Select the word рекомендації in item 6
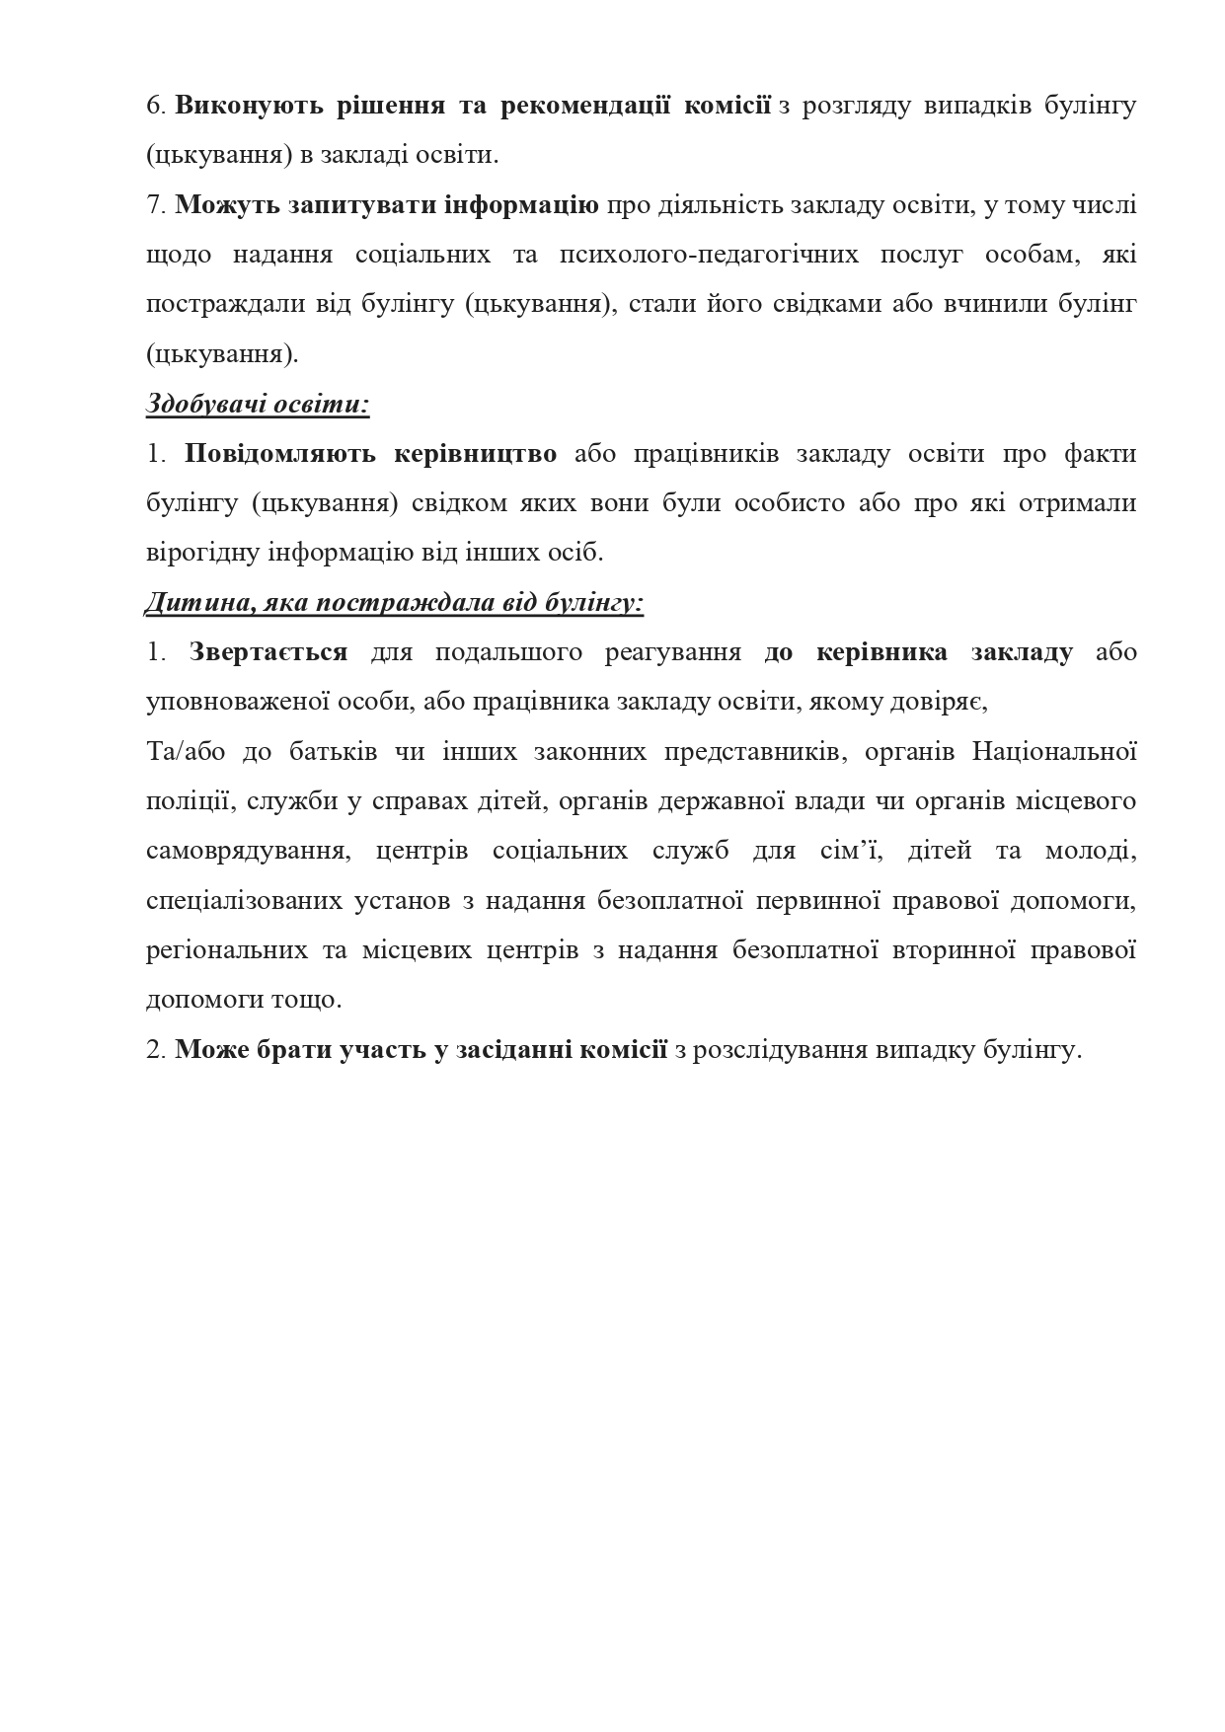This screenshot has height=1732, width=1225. pyautogui.click(x=585, y=106)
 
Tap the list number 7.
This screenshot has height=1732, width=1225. pyautogui.click(x=154, y=205)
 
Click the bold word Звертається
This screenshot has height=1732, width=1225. pyautogui.click(x=268, y=652)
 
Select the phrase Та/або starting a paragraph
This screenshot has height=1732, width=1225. pyautogui.click(x=185, y=752)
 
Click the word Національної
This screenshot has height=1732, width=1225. pyautogui.click(x=1054, y=752)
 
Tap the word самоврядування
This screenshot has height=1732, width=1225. pyautogui.click(x=248, y=851)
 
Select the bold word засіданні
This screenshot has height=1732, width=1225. pyautogui.click(x=513, y=1049)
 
